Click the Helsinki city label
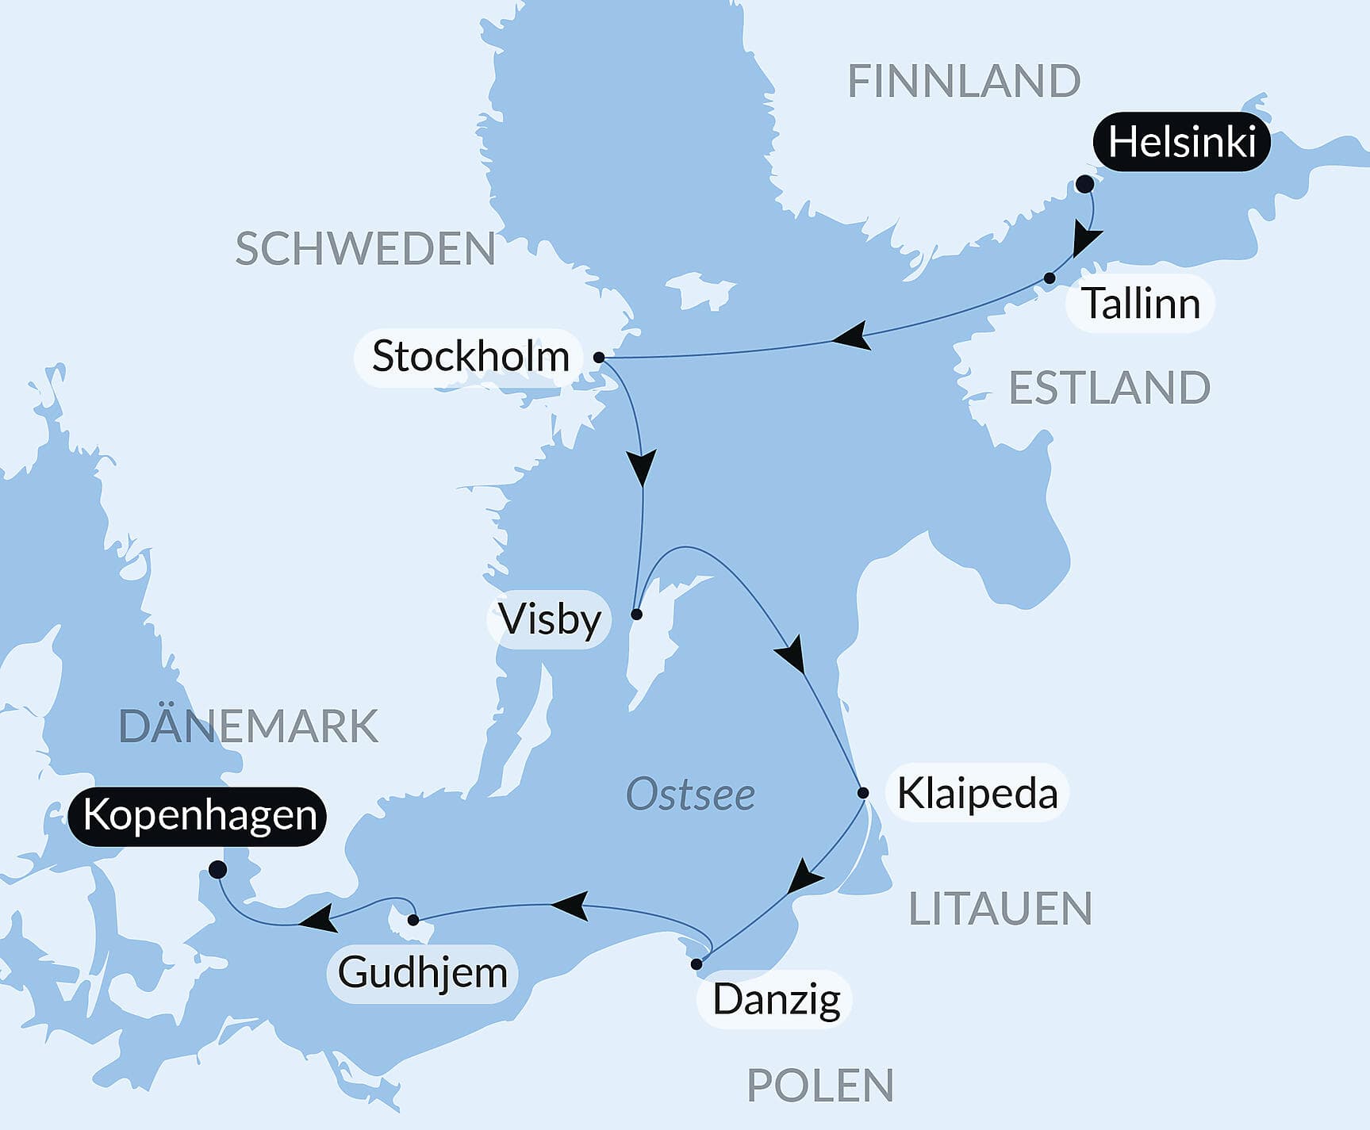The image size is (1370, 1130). click(1181, 143)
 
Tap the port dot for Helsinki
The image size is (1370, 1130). click(1084, 185)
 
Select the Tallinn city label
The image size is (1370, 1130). click(1140, 304)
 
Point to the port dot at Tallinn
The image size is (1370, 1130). click(1050, 278)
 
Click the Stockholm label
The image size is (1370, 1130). click(470, 357)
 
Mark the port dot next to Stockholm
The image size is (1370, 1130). click(599, 358)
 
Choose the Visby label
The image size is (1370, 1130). click(549, 619)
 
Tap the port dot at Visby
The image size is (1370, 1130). click(636, 614)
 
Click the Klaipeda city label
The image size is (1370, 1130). click(977, 793)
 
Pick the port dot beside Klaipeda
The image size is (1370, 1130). click(863, 792)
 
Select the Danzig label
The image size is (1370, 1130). click(776, 999)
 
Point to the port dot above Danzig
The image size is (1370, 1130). click(697, 964)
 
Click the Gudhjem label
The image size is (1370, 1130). click(422, 973)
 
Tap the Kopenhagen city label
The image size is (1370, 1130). click(199, 816)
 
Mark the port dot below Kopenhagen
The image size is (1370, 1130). click(217, 870)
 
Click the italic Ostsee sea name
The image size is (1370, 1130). click(690, 795)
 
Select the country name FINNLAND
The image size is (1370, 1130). click(964, 81)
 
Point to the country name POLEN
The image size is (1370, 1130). click(820, 1085)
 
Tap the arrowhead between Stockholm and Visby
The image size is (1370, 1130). click(642, 467)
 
